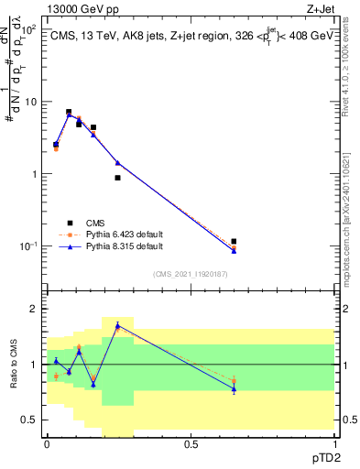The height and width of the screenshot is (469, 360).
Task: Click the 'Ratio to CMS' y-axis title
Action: (x=12, y=365)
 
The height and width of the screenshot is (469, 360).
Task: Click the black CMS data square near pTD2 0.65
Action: (x=235, y=242)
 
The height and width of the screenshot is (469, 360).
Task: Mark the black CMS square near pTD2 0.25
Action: (x=117, y=178)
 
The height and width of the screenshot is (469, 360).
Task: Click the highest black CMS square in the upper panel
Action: (x=69, y=112)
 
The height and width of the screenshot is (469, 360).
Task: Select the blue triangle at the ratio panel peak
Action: (x=117, y=324)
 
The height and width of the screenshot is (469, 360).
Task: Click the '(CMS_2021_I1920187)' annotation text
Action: (x=190, y=274)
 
